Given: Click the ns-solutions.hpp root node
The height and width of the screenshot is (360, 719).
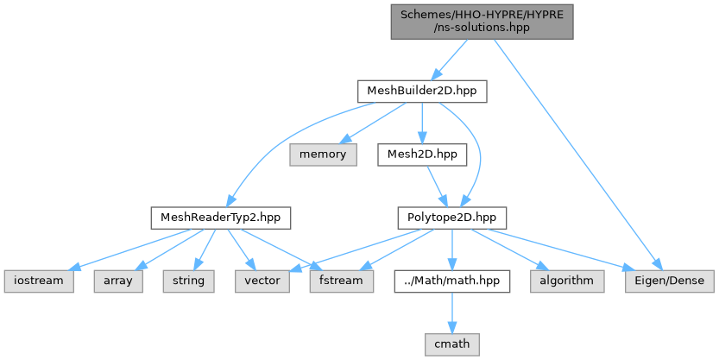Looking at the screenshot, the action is (x=482, y=22).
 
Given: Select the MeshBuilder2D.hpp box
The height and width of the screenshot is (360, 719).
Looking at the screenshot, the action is (x=422, y=92).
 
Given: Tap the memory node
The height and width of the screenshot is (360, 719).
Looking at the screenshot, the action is (x=323, y=155).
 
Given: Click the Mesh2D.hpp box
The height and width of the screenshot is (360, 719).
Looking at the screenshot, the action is (x=422, y=155).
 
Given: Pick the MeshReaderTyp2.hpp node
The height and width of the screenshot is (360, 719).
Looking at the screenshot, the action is (x=221, y=218).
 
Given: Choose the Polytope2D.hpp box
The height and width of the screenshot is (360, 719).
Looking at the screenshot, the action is (x=451, y=218).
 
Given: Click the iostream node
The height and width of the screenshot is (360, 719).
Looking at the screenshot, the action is (x=39, y=281).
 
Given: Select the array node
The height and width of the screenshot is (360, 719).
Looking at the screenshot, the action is (x=118, y=281).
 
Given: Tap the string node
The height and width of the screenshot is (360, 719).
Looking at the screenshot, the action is (x=188, y=281).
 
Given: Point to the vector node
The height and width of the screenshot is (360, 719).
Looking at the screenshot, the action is (x=262, y=281).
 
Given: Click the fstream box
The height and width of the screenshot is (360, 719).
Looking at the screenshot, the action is (x=341, y=281).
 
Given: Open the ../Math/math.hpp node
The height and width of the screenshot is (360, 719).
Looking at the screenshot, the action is (x=452, y=281).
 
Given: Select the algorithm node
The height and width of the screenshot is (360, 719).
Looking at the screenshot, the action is (x=567, y=281).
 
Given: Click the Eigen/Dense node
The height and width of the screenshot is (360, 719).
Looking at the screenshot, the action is (x=670, y=281).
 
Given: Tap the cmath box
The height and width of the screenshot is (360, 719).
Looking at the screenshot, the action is (x=452, y=344).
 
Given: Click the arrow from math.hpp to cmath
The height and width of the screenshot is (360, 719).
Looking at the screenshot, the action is (x=452, y=313).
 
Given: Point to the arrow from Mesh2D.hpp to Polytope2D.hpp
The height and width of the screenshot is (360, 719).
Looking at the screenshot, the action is (x=437, y=186).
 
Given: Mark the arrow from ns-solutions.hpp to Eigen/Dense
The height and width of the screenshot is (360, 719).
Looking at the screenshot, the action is (x=577, y=155).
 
